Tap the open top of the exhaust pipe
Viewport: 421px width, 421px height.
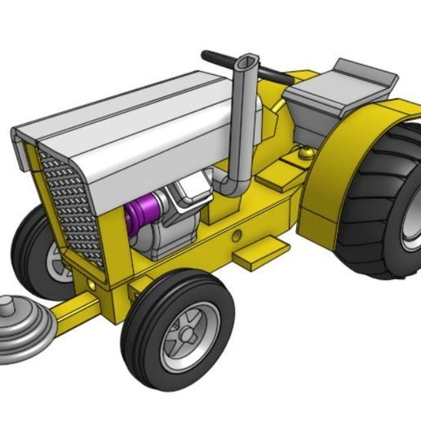coord(246,62)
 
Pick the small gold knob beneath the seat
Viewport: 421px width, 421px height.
coord(306,152)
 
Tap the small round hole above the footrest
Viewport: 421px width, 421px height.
coord(237,236)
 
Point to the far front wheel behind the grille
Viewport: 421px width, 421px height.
coord(41,253)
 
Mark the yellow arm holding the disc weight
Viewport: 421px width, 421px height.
coord(82,310)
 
